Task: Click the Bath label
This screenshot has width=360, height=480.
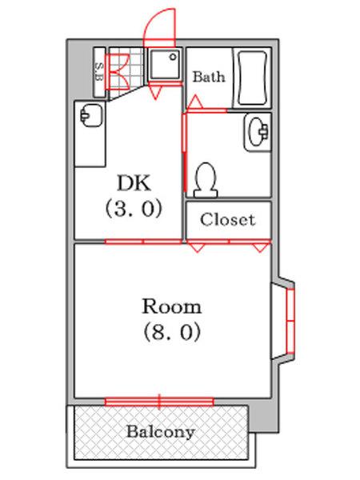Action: tap(209, 78)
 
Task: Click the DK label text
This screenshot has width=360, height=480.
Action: tap(134, 182)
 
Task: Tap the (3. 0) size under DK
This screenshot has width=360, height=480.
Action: tap(134, 209)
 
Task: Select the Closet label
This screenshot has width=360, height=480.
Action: tap(228, 219)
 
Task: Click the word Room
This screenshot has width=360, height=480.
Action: tap(171, 306)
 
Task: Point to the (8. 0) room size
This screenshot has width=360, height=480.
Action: tap(171, 331)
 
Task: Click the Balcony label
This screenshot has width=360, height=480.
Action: tap(161, 432)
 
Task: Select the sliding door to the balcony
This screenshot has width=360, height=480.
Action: tap(159, 400)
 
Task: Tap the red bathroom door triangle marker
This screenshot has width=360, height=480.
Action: tap(195, 102)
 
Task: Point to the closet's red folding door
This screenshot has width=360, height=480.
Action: tap(228, 244)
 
